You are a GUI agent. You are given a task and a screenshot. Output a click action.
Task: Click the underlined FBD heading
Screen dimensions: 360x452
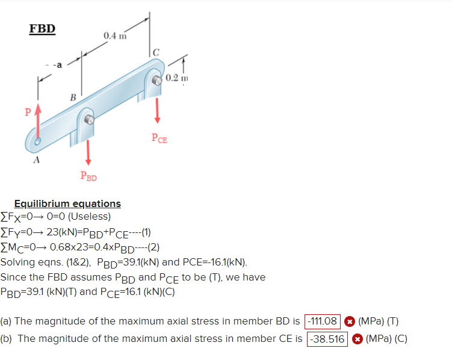tap(42, 29)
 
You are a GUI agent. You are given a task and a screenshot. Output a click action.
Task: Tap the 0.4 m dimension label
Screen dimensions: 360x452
tap(115, 36)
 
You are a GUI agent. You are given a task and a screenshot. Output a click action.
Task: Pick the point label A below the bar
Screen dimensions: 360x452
tap(37, 160)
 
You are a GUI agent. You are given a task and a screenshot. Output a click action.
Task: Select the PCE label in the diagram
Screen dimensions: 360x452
tap(159, 139)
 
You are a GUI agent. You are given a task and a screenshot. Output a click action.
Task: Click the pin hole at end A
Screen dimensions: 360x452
tap(38, 142)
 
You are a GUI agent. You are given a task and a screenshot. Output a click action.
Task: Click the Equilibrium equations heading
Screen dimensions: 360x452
tap(67, 203)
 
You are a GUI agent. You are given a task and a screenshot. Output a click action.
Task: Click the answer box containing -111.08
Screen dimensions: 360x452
tap(323, 321)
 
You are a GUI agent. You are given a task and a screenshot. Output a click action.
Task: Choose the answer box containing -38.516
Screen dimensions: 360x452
tap(327, 339)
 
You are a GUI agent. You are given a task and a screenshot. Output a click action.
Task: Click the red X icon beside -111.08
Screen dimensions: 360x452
tap(348, 321)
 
